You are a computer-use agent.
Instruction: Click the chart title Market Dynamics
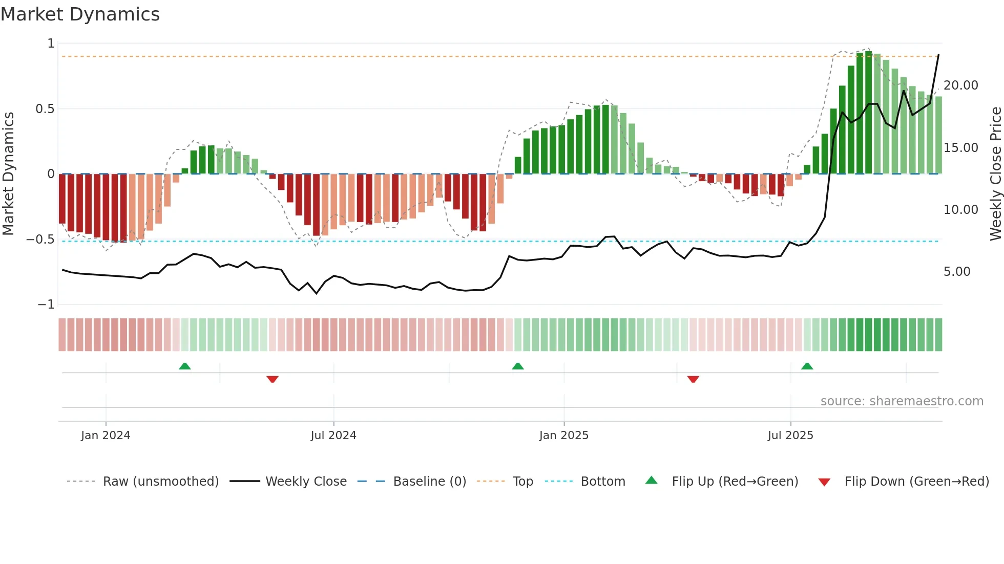[80, 14]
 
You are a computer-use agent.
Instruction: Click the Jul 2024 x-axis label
[333, 436]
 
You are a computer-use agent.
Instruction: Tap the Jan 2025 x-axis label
[563, 436]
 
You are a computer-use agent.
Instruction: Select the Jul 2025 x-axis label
[790, 436]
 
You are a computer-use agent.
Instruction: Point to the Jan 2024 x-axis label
[106, 436]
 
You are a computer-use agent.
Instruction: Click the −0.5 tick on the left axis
[40, 240]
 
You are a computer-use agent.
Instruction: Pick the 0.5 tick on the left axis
[45, 109]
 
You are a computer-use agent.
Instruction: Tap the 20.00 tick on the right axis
[960, 85]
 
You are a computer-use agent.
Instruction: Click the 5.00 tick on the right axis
[956, 272]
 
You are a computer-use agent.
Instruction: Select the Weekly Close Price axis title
[995, 173]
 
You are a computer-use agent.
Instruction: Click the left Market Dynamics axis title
[8, 173]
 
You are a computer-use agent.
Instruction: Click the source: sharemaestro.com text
[902, 401]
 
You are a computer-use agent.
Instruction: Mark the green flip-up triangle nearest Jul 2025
[807, 366]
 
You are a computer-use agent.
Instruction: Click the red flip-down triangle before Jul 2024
[273, 379]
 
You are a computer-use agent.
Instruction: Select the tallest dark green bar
[868, 113]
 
